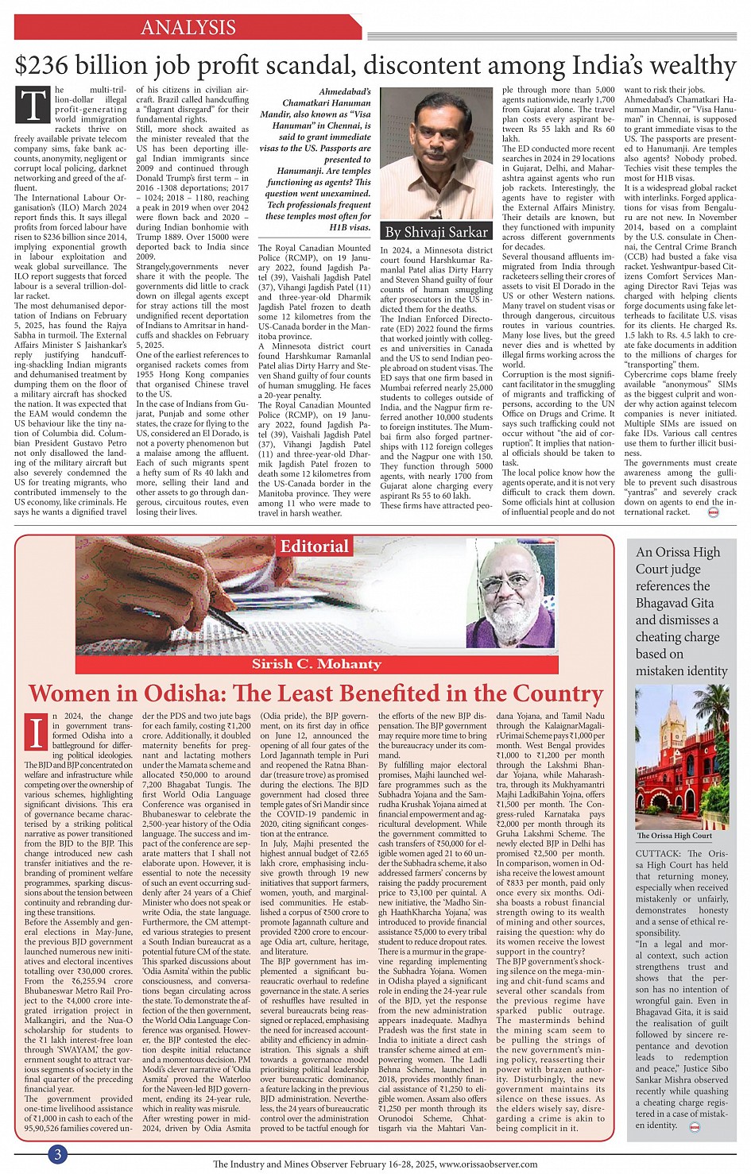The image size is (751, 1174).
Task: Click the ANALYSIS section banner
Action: pyautogui.click(x=188, y=28)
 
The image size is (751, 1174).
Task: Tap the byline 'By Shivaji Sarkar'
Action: pyautogui.click(x=436, y=232)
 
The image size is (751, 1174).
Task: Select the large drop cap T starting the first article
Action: pyautogui.click(x=33, y=106)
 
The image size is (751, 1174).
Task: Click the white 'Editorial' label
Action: pyautogui.click(x=315, y=546)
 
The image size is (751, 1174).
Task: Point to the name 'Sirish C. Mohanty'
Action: pyautogui.click(x=316, y=664)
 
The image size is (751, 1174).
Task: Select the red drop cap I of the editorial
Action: pyautogui.click(x=37, y=732)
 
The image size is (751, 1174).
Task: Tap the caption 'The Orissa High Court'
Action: pyautogui.click(x=675, y=836)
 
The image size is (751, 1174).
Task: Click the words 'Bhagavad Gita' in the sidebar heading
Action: pyautogui.click(x=675, y=603)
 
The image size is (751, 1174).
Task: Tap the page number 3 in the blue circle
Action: pyautogui.click(x=57, y=1154)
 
